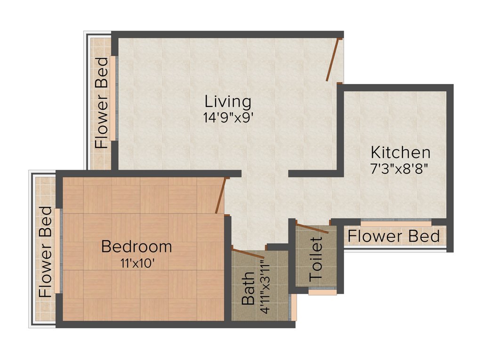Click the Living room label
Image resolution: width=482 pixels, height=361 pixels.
[228, 102]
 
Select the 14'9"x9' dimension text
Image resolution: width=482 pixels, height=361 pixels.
[229, 118]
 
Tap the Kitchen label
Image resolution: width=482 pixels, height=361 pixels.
[400, 152]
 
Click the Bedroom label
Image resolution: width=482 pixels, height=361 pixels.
[137, 246]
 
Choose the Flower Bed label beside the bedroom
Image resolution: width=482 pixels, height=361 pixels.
[45, 251]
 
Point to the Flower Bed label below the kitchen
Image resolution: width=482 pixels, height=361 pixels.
[394, 236]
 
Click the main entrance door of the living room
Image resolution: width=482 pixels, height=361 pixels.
[333, 60]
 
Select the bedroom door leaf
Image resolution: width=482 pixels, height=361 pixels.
[220, 196]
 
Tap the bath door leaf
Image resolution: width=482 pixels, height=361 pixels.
[249, 253]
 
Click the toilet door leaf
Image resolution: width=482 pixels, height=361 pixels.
[313, 228]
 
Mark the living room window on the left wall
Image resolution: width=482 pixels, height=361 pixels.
[113, 98]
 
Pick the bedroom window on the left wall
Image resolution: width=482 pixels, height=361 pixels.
[57, 251]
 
